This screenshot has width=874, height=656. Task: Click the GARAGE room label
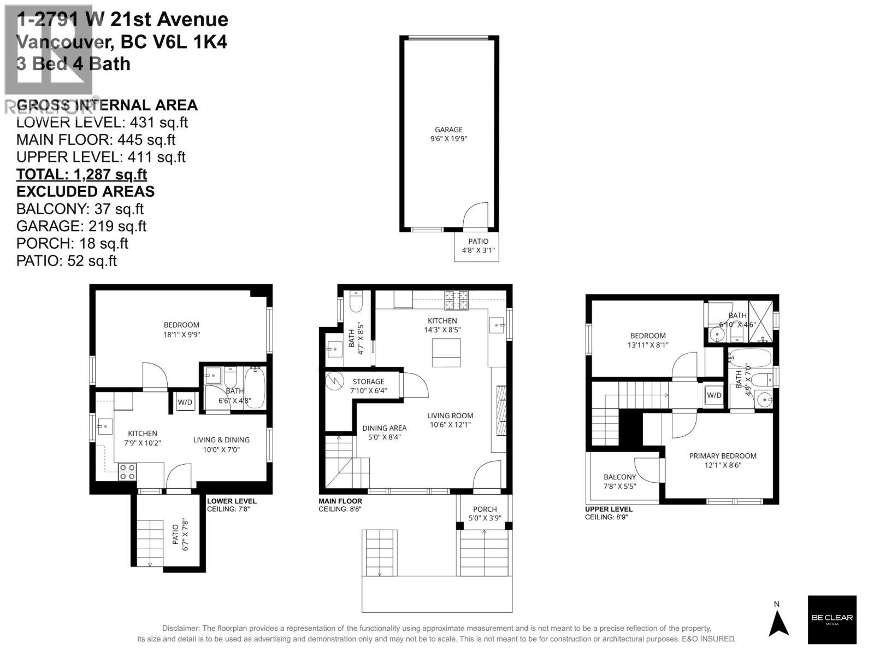(x=448, y=130)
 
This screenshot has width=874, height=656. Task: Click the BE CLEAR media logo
(x=832, y=619)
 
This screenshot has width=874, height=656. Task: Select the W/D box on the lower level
(x=185, y=402)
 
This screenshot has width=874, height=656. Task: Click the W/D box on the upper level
(x=714, y=395)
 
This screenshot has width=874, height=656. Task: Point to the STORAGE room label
(x=368, y=382)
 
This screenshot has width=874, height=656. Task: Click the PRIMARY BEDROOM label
(x=723, y=456)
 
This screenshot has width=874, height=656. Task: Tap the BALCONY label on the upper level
(x=619, y=477)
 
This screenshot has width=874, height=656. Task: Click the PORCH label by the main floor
(x=485, y=509)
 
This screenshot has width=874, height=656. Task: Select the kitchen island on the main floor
(x=446, y=353)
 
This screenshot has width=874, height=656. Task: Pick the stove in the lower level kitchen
(x=127, y=472)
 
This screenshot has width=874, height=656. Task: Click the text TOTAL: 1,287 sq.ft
(x=81, y=174)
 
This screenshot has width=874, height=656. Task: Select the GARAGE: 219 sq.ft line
(x=81, y=226)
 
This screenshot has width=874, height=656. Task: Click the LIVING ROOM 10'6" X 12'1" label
(x=450, y=420)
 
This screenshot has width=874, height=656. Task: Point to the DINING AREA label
(x=384, y=428)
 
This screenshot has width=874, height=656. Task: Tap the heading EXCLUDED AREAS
(x=85, y=192)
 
